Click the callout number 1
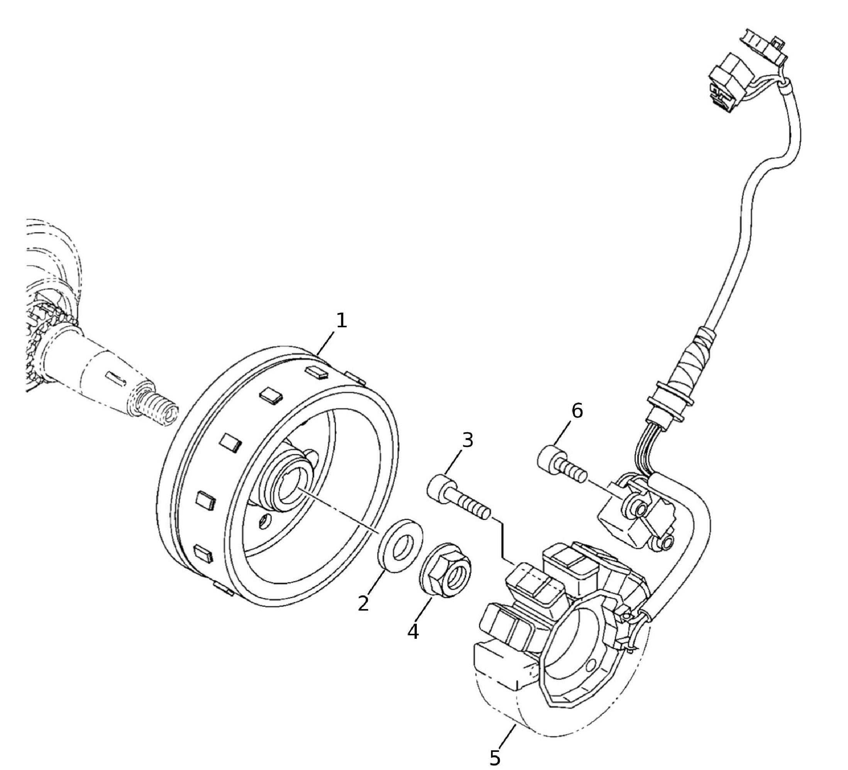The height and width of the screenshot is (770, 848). pyautogui.click(x=341, y=321)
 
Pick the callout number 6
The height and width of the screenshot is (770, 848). pyautogui.click(x=577, y=411)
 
